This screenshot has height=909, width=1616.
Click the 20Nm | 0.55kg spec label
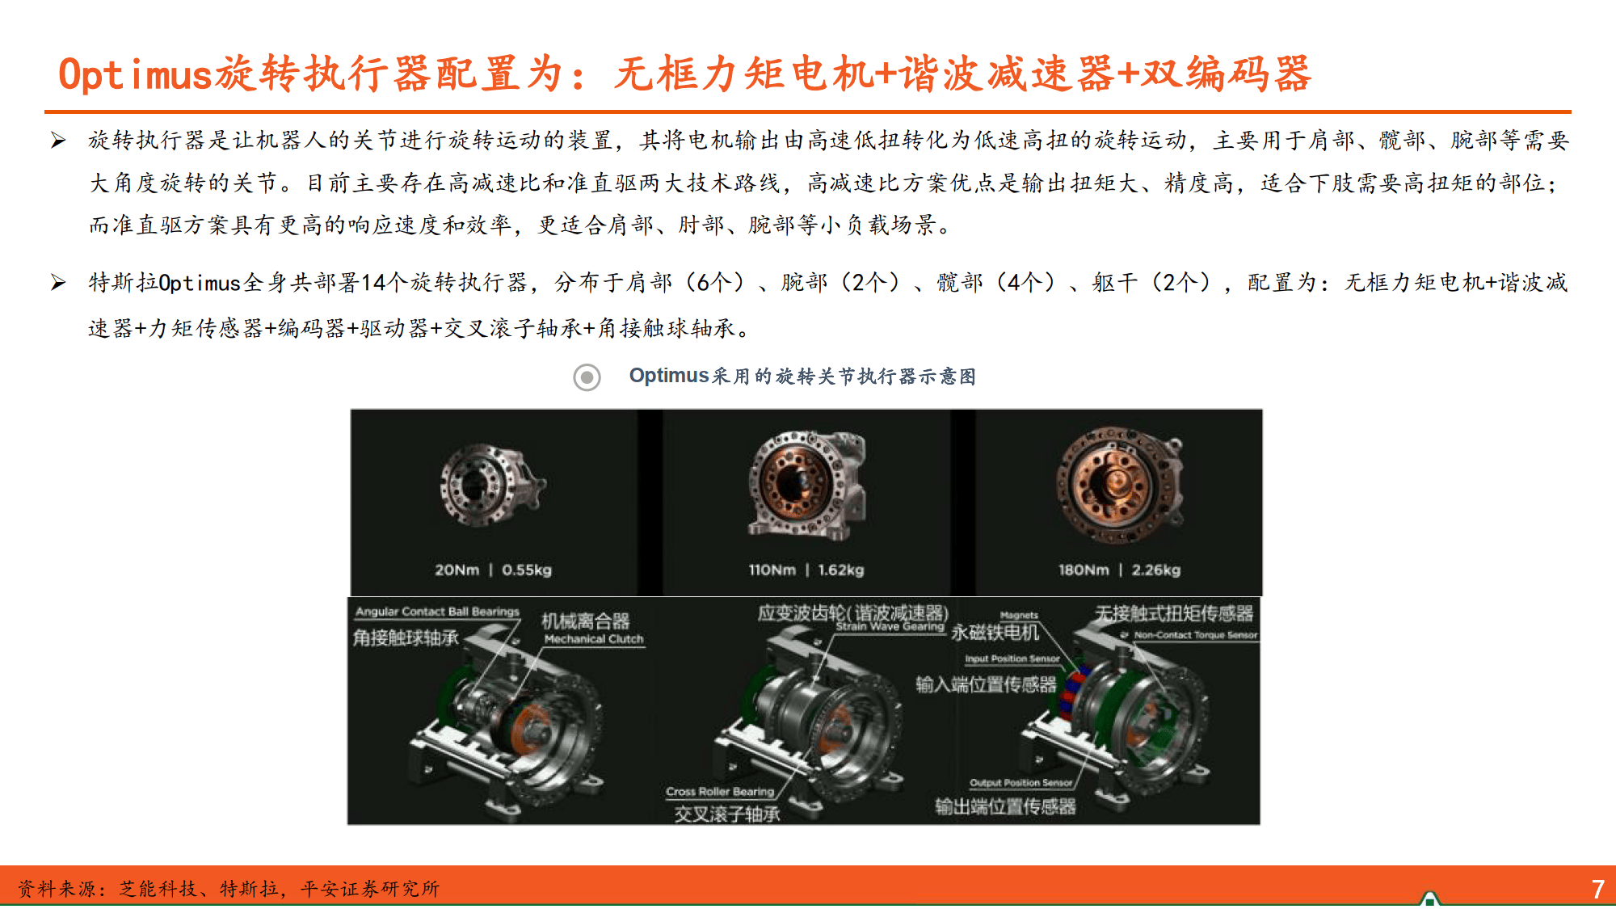(493, 570)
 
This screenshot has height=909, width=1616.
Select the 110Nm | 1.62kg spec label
(806, 570)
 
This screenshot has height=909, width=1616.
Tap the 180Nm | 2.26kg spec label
(1119, 570)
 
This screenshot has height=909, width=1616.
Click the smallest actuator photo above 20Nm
(490, 485)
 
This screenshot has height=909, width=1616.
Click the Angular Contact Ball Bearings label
(437, 612)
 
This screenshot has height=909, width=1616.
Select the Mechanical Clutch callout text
(594, 639)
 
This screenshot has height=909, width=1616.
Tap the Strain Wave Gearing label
(890, 626)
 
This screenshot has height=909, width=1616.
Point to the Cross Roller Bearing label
(719, 792)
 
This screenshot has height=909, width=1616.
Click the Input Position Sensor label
(1012, 659)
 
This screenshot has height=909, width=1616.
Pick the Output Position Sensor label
(1021, 782)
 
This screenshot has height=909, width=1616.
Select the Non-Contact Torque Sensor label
(1195, 635)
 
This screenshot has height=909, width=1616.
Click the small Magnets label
(1019, 615)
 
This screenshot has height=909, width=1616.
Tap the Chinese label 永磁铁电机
(995, 633)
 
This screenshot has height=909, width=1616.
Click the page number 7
(1597, 889)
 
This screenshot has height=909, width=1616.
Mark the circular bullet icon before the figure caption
(587, 377)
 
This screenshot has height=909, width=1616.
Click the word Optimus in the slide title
(135, 74)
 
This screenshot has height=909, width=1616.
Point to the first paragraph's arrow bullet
(58, 141)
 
